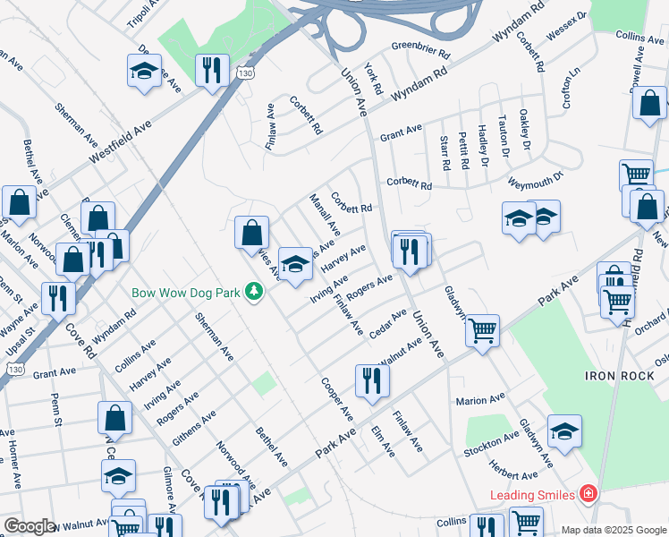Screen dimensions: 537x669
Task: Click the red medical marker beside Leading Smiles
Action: point(588,493)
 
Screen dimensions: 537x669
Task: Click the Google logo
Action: point(30,526)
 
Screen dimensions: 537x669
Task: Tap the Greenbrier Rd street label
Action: point(421,47)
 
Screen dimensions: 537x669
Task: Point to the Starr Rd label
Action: point(444,153)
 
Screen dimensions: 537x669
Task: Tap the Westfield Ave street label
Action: point(120,142)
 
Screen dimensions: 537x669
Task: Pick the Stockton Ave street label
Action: point(491,445)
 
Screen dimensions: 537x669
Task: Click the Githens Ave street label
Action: point(197,429)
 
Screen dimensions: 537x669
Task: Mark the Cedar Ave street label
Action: point(387,324)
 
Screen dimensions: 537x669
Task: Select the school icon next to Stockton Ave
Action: point(564,431)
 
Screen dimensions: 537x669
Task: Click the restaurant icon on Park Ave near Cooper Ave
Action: point(368,379)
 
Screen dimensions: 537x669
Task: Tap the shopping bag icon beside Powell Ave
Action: point(649,103)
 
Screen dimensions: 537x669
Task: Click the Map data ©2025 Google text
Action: point(614,529)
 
